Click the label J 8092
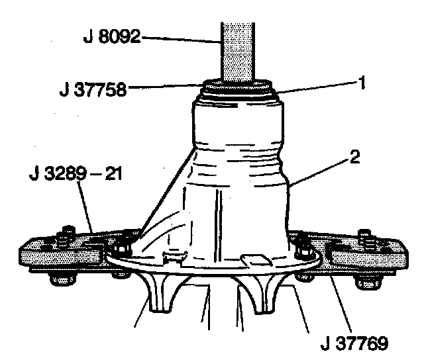point(112,37)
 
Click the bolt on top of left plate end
point(64,236)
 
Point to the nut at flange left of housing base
point(121,249)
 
